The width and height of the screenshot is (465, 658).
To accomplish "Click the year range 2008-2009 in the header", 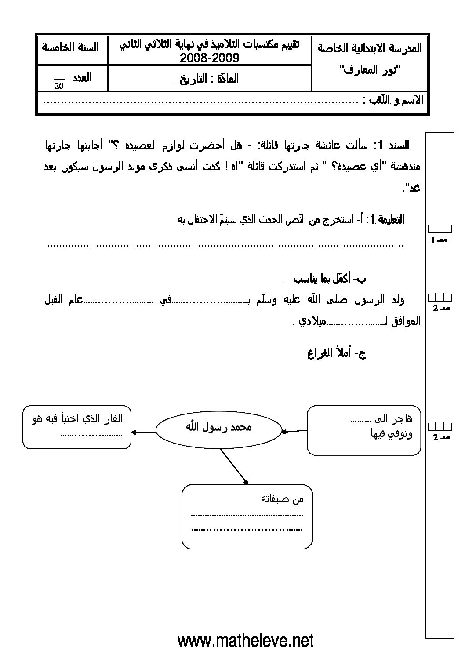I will click(209, 58).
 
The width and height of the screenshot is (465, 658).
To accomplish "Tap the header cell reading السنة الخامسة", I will click(70, 47).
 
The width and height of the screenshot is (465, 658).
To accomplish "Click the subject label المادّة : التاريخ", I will click(210, 79).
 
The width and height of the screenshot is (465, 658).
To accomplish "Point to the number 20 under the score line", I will click(59, 86).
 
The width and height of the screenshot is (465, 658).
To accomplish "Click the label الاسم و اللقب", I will click(394, 100).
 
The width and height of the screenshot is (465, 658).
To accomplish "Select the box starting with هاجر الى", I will click(363, 430).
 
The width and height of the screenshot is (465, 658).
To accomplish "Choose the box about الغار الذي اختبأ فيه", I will click(77, 427).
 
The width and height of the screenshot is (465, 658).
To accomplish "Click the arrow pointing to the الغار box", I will click(143, 432).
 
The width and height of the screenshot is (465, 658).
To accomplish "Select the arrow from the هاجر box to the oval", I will click(294, 431).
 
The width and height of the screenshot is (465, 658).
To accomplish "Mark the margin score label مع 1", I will click(440, 240).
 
